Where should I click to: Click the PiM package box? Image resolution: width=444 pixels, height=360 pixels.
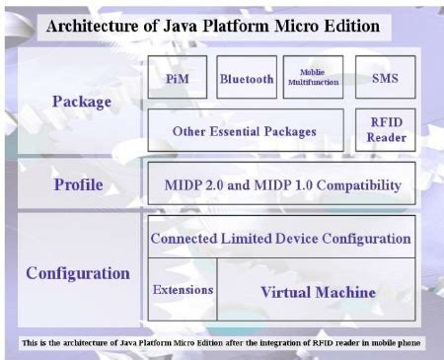click(178, 78)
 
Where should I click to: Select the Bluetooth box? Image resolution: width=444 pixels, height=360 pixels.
click(246, 78)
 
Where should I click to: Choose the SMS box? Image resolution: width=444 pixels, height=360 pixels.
click(385, 78)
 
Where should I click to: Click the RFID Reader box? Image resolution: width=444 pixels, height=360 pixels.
click(385, 129)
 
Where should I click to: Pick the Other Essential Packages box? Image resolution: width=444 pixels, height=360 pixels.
click(244, 130)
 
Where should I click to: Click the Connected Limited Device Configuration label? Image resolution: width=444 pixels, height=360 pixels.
click(281, 238)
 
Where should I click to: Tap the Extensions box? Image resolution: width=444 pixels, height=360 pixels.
click(183, 290)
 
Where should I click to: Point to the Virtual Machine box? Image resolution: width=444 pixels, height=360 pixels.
click(317, 291)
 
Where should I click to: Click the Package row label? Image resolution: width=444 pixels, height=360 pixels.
click(81, 100)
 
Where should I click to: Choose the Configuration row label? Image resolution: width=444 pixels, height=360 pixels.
click(78, 272)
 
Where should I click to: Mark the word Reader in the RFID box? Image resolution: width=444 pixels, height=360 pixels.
click(385, 137)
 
